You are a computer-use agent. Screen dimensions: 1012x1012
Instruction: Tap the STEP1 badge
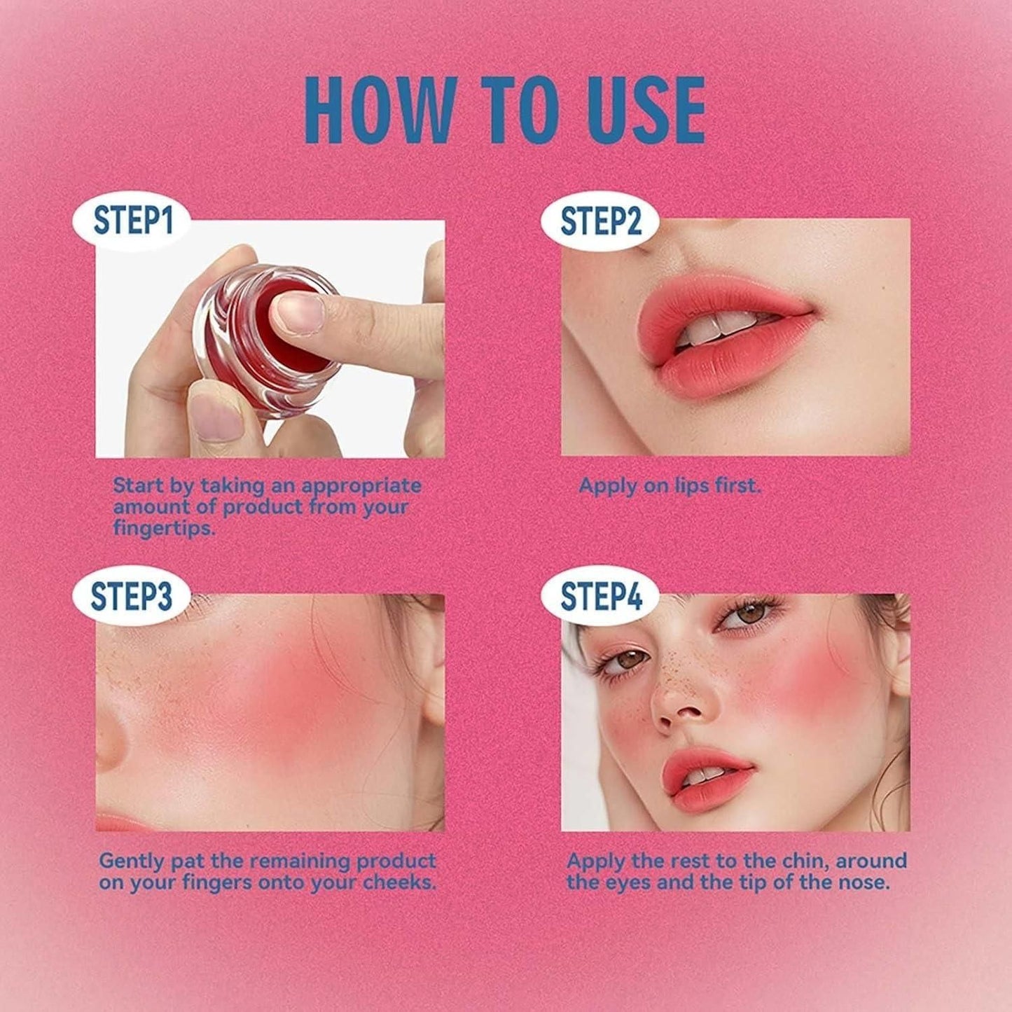point(132,221)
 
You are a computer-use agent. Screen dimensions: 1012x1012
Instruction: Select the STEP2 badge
point(601,221)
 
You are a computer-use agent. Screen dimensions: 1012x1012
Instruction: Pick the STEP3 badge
point(131,596)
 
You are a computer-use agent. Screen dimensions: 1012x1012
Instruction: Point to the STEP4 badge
point(601,596)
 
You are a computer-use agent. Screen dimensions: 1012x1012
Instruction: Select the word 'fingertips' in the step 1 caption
point(162,529)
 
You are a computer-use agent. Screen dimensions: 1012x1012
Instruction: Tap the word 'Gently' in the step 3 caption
point(132,861)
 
